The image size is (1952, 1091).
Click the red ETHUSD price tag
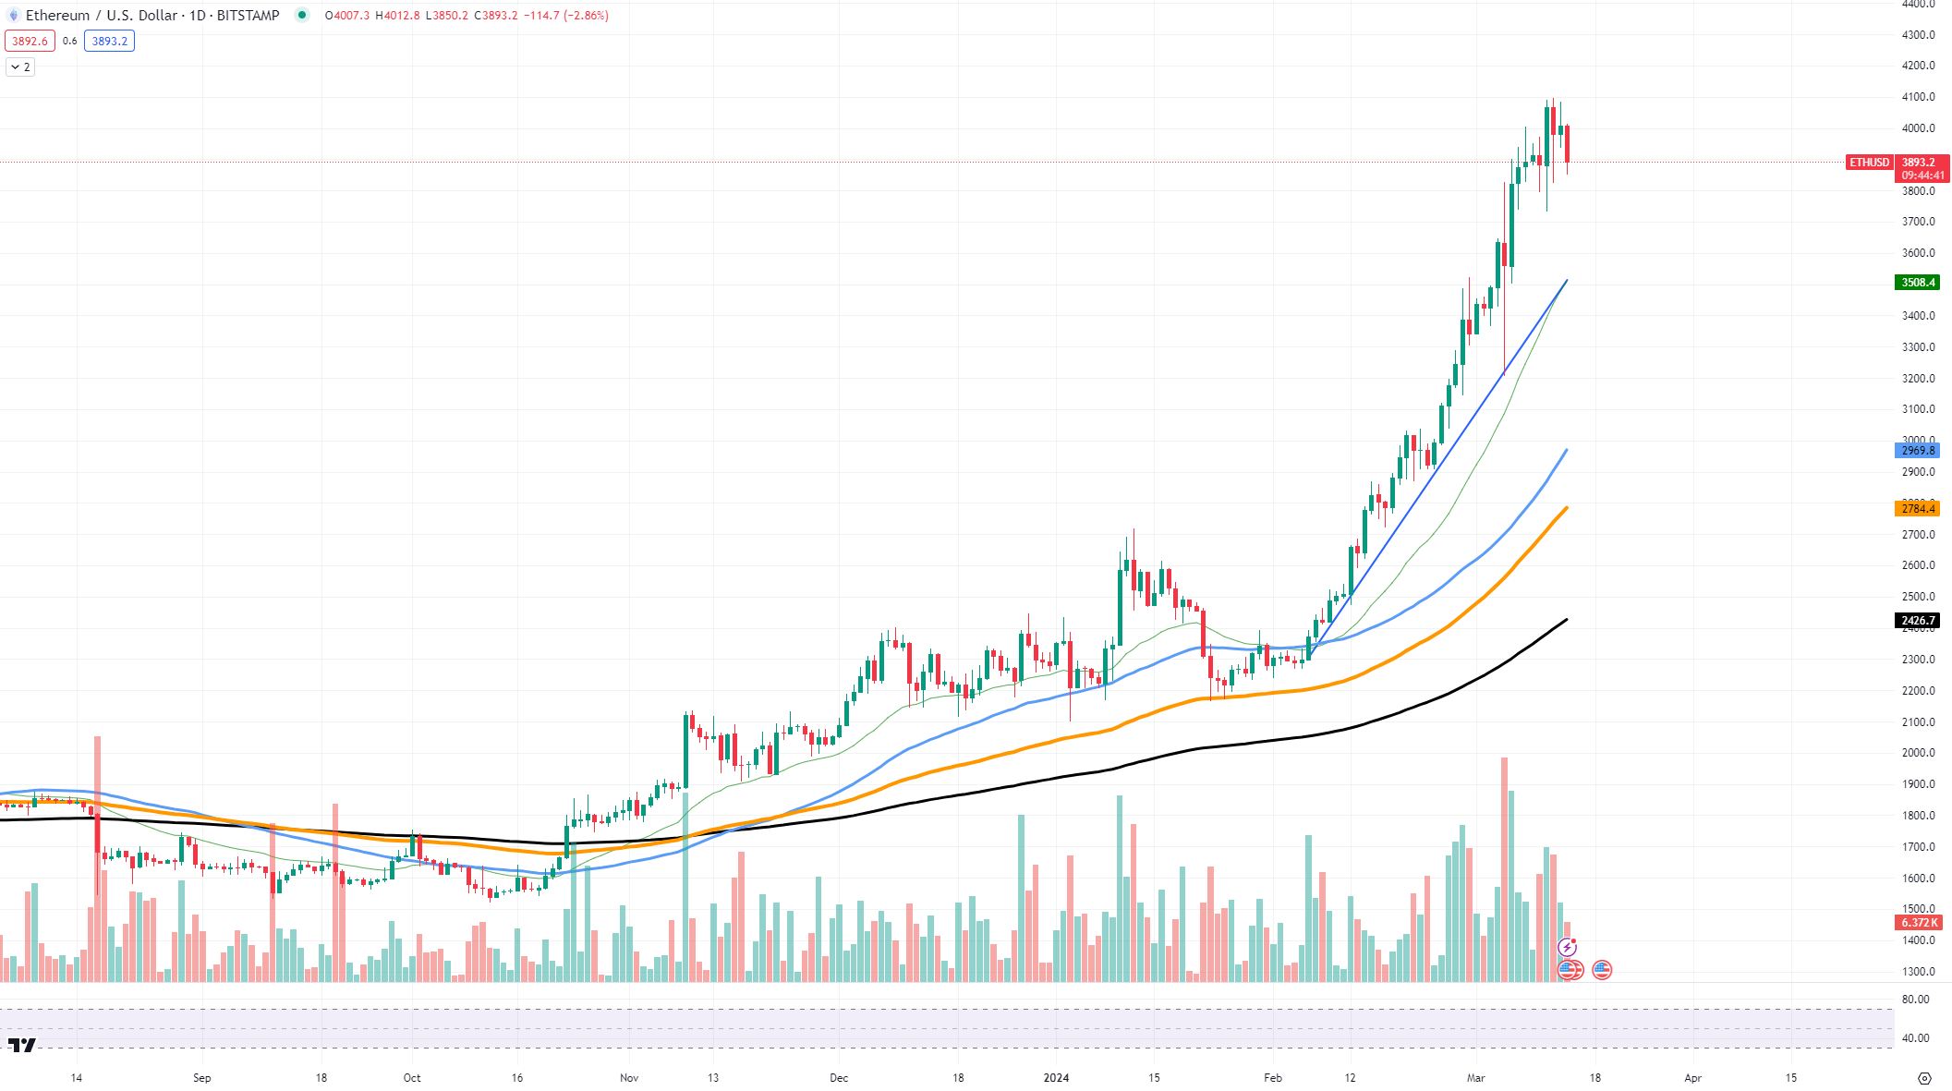coord(1869,163)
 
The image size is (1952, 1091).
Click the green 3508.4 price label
coord(1917,283)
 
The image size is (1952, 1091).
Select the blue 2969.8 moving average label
coord(1917,451)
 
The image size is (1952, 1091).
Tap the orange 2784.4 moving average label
coord(1917,509)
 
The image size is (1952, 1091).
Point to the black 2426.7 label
coord(1917,621)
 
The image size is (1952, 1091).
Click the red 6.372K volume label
coord(1918,923)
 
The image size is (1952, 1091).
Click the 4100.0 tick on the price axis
coord(1918,97)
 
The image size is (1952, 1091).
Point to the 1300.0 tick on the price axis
coord(1918,972)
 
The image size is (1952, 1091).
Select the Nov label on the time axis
coord(629,1078)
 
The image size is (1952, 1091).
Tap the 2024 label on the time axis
coord(1056,1078)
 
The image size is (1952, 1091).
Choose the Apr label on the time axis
coord(1692,1078)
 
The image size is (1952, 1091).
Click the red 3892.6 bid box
coord(30,42)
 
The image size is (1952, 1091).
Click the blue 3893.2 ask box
coord(109,42)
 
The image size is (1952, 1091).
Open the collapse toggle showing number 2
coord(20,67)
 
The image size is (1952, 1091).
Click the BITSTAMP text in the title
coord(248,16)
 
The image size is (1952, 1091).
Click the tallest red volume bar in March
coord(1504,868)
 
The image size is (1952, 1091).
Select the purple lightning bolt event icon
coord(1567,947)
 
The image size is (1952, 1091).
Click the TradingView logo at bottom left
coord(21,1045)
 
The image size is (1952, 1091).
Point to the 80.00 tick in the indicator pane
coord(1915,1000)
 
